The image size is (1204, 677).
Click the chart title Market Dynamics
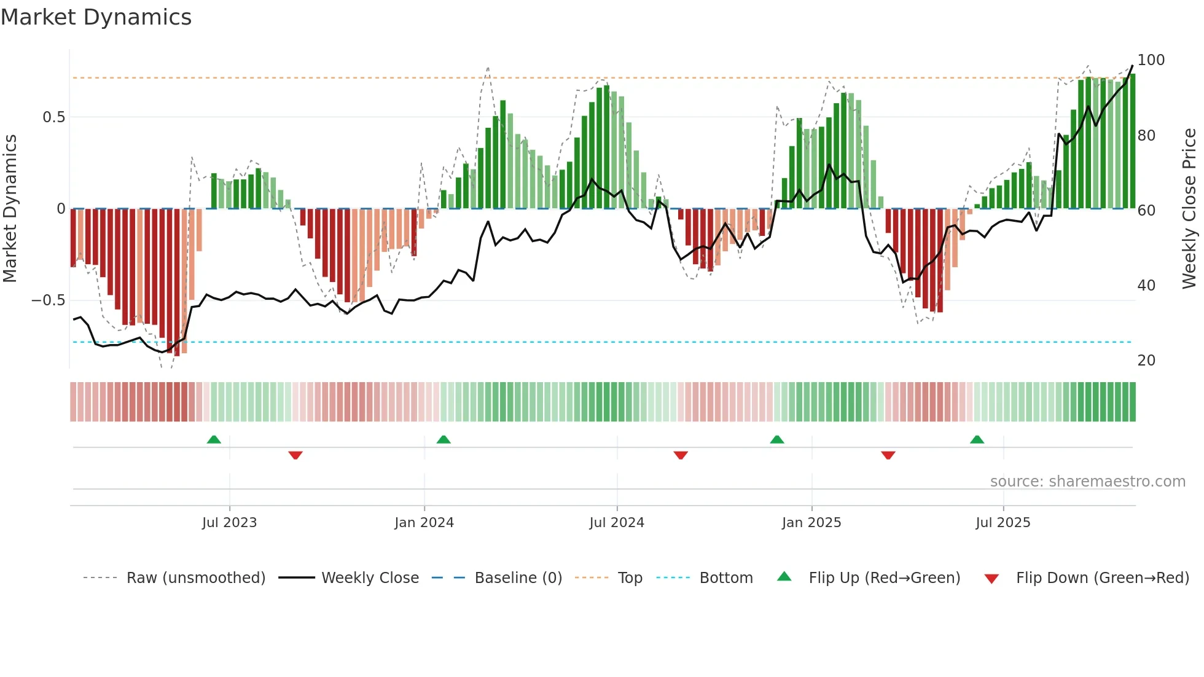(96, 17)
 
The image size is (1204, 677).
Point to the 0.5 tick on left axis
(53, 117)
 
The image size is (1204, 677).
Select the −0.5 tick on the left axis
(49, 300)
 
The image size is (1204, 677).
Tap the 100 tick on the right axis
(1151, 60)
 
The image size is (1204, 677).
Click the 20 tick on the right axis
(1146, 361)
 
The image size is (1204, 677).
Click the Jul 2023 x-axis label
(229, 523)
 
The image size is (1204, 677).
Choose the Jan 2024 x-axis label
(424, 523)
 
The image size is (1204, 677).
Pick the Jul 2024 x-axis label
(617, 523)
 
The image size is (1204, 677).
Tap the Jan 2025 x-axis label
(811, 523)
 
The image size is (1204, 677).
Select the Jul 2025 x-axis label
(1003, 523)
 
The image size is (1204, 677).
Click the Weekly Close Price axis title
(1189, 209)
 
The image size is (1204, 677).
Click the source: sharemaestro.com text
(1087, 482)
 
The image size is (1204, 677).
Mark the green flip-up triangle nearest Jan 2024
(444, 439)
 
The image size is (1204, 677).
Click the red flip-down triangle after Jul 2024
(681, 455)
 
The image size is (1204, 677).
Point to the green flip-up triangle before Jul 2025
(977, 439)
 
